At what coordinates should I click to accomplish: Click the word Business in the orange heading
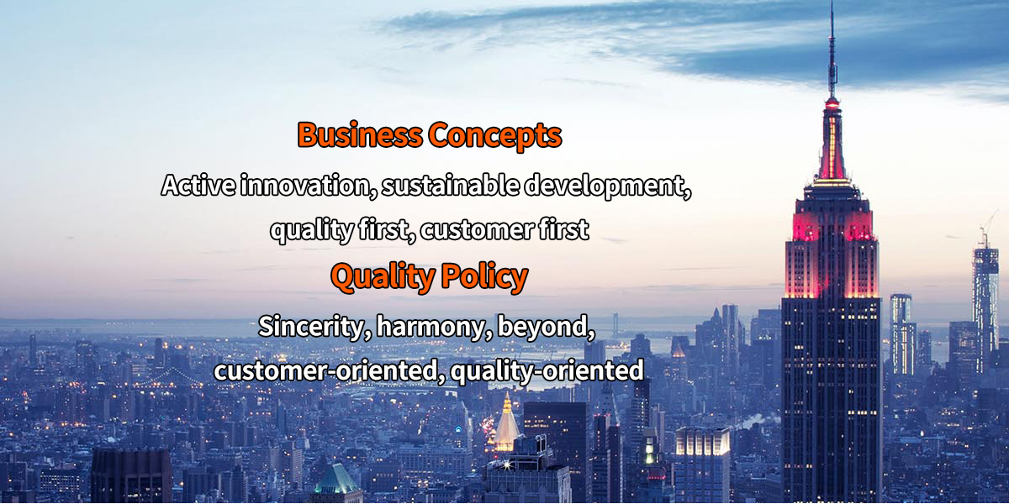coord(360,134)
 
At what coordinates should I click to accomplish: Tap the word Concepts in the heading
coord(495,136)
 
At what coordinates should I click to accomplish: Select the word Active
coord(198,185)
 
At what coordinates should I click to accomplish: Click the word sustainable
coord(450,185)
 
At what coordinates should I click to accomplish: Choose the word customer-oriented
coord(326,370)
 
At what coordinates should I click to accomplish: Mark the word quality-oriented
coord(547,371)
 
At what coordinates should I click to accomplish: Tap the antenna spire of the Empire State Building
coord(832,50)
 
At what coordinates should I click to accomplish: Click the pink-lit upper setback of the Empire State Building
coord(832,226)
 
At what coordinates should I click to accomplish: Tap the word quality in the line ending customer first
coord(312,230)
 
